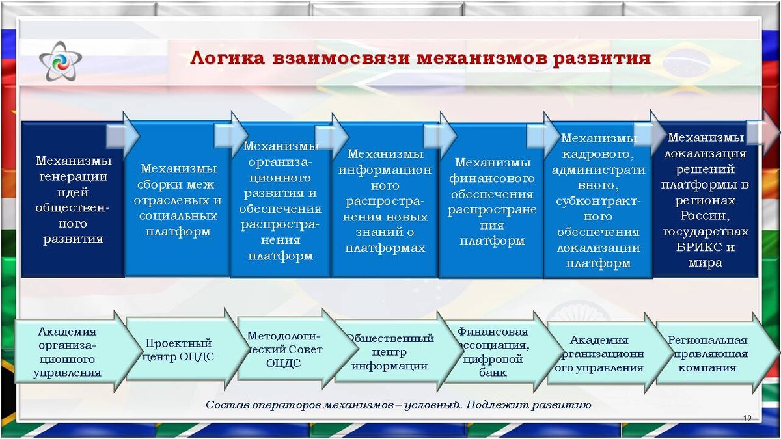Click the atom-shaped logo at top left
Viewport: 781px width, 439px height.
(61, 61)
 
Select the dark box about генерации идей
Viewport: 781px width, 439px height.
(72, 200)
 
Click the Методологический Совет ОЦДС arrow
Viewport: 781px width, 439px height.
(284, 350)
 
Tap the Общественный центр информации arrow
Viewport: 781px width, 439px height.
(389, 351)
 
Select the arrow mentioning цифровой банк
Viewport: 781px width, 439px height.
(492, 352)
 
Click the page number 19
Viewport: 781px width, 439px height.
(747, 418)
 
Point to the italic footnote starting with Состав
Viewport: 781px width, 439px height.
(398, 405)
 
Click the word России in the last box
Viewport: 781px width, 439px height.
(706, 216)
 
